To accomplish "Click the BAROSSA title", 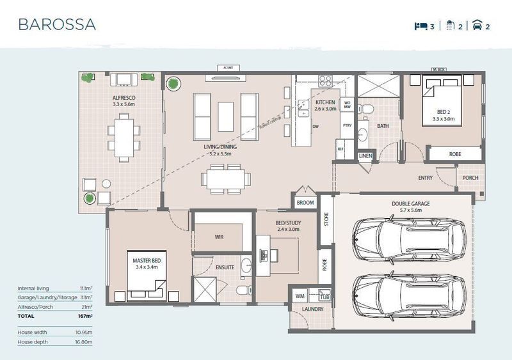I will point(57,25).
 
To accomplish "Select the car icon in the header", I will point(477,26).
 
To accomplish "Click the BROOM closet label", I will point(305,203).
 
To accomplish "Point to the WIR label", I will point(218,237).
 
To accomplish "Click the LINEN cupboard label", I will point(365,156).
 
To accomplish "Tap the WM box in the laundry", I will point(300,296).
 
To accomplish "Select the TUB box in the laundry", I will point(324,297).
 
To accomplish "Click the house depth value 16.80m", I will point(84,343).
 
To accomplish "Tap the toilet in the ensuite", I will point(242,292).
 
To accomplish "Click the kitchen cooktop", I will point(325,81).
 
